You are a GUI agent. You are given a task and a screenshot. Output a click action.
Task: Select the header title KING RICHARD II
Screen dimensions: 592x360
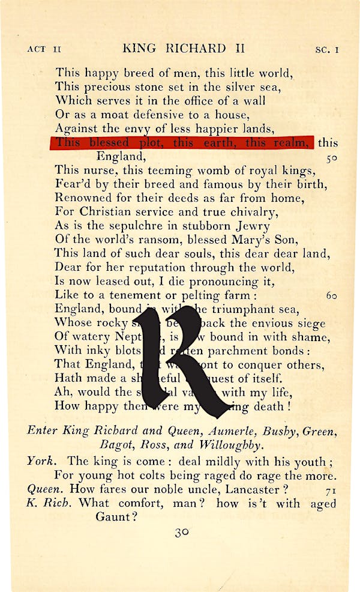pos(175,49)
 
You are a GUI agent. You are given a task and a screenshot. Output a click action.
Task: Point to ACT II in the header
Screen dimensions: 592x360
pos(44,50)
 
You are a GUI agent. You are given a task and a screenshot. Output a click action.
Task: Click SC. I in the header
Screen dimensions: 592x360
pos(327,50)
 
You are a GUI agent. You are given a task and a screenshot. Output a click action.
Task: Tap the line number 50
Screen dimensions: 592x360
pos(331,158)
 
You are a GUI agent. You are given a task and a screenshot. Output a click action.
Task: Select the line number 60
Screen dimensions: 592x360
pos(331,295)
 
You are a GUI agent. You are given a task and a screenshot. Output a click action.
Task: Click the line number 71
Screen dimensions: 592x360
pos(331,491)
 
